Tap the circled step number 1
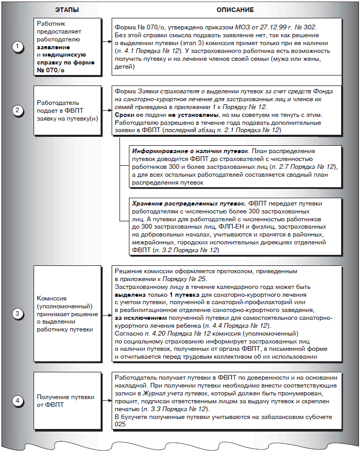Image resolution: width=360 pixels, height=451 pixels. pyautogui.click(x=18, y=47)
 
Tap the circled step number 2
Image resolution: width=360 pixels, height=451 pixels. pyautogui.click(x=18, y=111)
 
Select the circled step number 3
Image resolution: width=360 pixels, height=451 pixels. pyautogui.click(x=18, y=314)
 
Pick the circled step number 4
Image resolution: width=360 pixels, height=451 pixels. pyautogui.click(x=18, y=401)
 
